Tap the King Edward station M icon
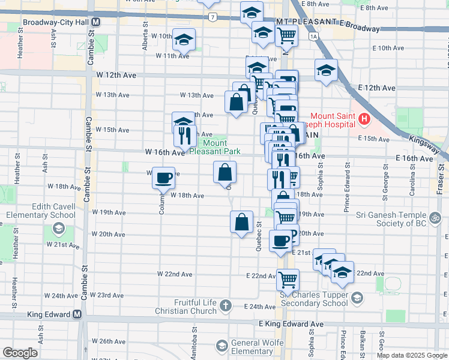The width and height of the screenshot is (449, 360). point(77,314)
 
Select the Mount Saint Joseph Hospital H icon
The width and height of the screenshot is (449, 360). point(364,120)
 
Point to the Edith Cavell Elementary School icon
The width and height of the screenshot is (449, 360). point(59,229)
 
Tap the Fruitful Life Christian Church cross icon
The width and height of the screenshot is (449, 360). point(225,307)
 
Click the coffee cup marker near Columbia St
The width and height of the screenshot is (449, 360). point(163,178)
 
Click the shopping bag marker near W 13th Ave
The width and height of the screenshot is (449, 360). point(237,101)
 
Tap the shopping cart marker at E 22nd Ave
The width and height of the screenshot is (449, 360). point(288,279)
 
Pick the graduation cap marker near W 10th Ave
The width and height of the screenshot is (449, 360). point(183,40)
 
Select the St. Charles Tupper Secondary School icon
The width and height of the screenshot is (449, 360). point(357,298)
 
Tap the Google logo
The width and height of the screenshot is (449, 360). point(20,352)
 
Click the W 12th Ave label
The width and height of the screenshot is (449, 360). point(115,75)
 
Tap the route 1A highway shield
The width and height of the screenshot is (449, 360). point(313,36)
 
